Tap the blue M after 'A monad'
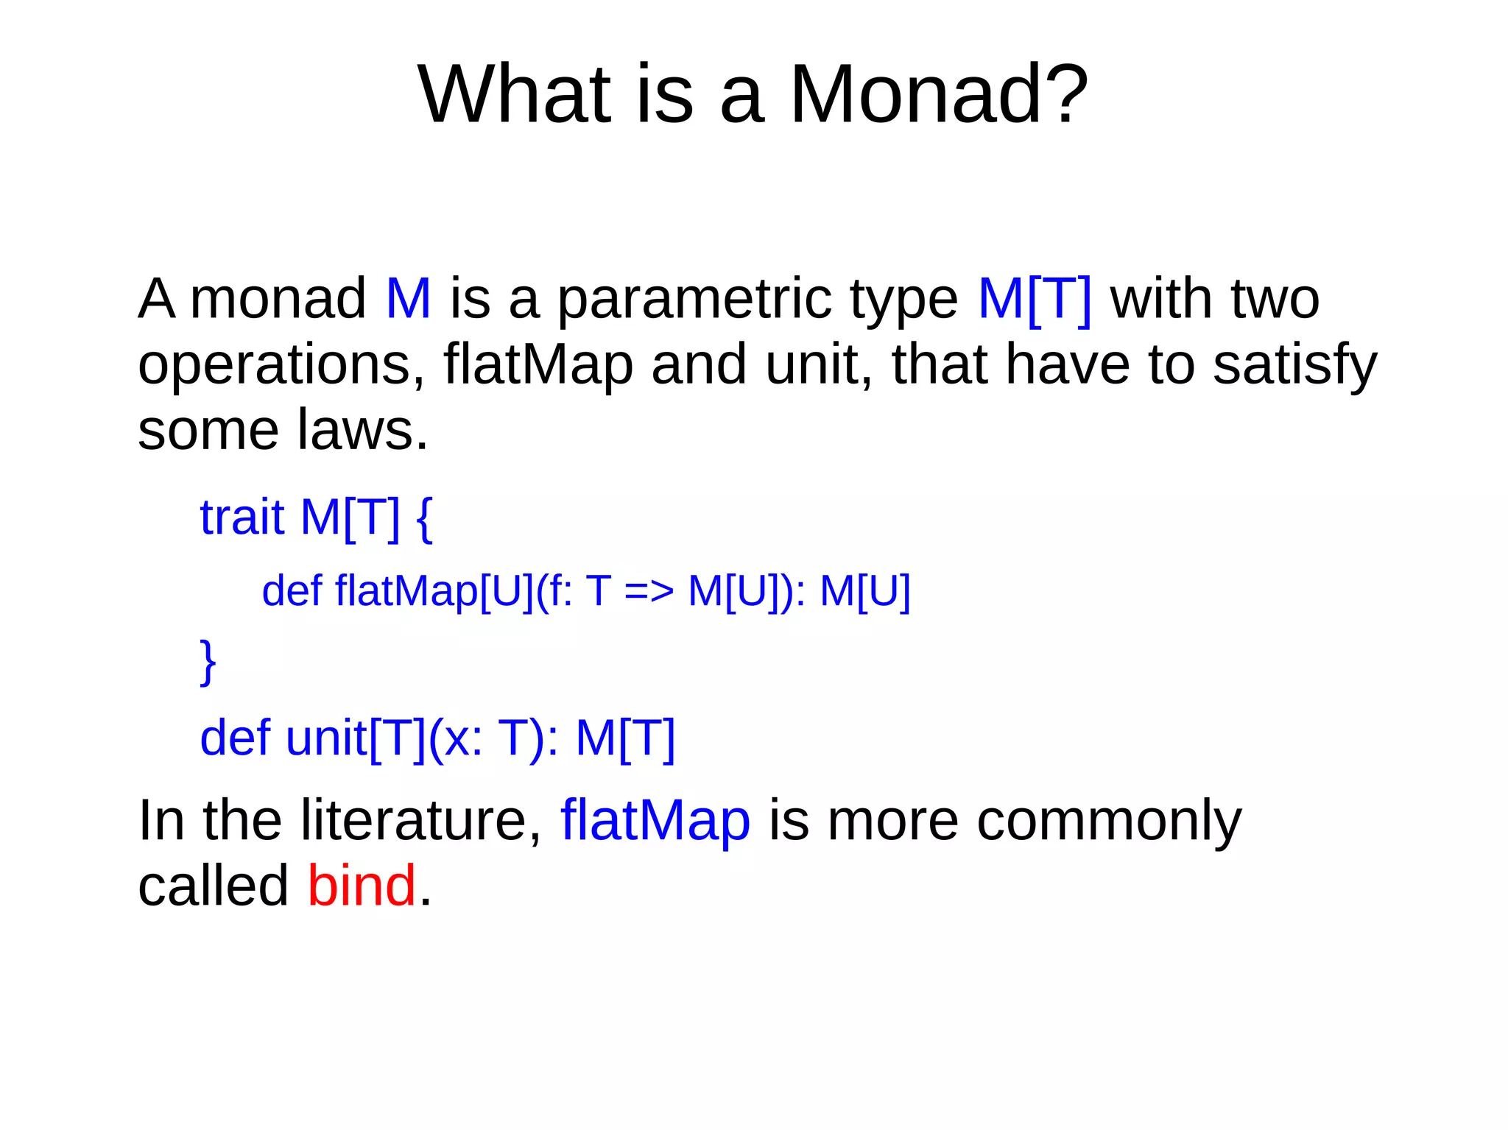coord(408,299)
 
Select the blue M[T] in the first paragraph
coord(1035,299)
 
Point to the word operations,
coord(281,366)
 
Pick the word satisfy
coord(1294,366)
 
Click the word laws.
coord(362,430)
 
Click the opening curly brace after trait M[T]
coord(425,518)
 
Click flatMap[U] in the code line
coord(434,591)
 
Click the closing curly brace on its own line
coord(208,662)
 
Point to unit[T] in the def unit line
coord(356,738)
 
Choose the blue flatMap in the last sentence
coord(655,820)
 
